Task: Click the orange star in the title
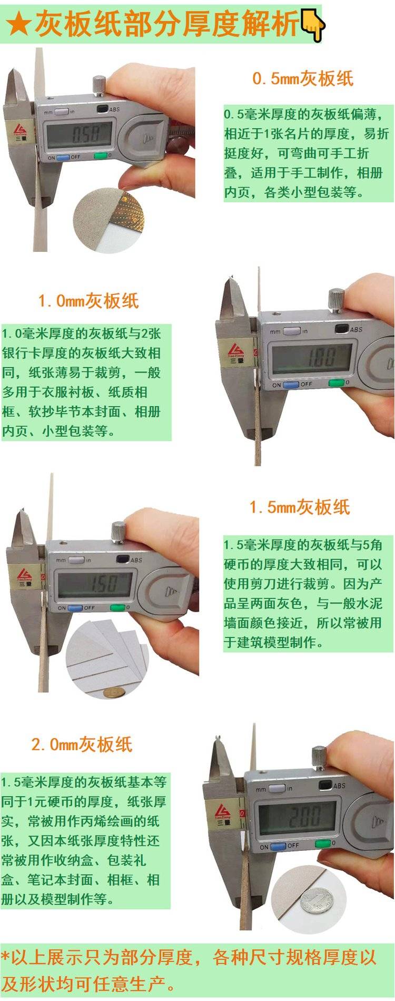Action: [x=18, y=24]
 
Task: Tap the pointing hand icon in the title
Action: [x=313, y=25]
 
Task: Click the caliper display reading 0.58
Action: [x=79, y=134]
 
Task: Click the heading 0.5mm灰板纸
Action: [x=303, y=79]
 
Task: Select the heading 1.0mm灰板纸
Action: [x=88, y=301]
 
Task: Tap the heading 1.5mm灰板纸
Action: [x=300, y=507]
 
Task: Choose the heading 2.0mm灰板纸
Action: [x=82, y=744]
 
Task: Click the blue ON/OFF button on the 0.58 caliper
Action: [x=63, y=156]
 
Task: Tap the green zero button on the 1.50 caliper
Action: [x=117, y=607]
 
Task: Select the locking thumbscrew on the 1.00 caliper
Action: [x=336, y=300]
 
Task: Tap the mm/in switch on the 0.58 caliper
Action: [x=62, y=112]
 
